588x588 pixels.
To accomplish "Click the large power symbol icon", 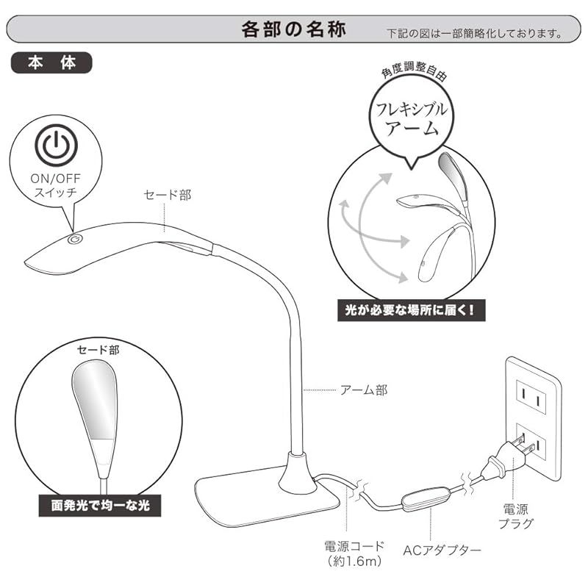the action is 57,146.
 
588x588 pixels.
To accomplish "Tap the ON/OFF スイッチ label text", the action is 56,185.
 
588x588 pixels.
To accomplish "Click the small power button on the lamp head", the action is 75,240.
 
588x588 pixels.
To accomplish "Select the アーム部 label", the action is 364,390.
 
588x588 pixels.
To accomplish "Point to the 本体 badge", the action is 51,62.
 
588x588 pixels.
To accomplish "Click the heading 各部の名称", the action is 293,29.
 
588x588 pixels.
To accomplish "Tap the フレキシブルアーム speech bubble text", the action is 412,119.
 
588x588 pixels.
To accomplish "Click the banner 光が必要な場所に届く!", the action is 412,310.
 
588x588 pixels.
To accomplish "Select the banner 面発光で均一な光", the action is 100,506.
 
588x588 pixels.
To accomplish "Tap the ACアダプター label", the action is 442,551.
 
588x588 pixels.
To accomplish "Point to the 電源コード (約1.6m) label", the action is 354,553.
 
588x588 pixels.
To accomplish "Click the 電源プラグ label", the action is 516,516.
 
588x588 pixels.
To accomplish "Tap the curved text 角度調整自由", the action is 414,71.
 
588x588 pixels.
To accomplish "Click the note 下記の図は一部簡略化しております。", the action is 475,33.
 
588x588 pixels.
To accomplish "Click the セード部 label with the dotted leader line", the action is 168,195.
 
